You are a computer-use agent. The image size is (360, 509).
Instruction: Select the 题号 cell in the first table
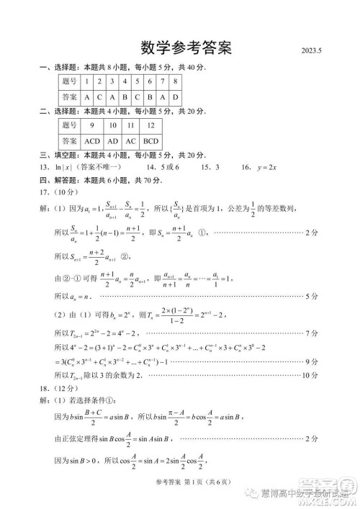coord(69,82)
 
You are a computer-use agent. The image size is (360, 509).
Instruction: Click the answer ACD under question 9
coord(91,141)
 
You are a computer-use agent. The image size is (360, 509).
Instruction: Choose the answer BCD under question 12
coord(150,141)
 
